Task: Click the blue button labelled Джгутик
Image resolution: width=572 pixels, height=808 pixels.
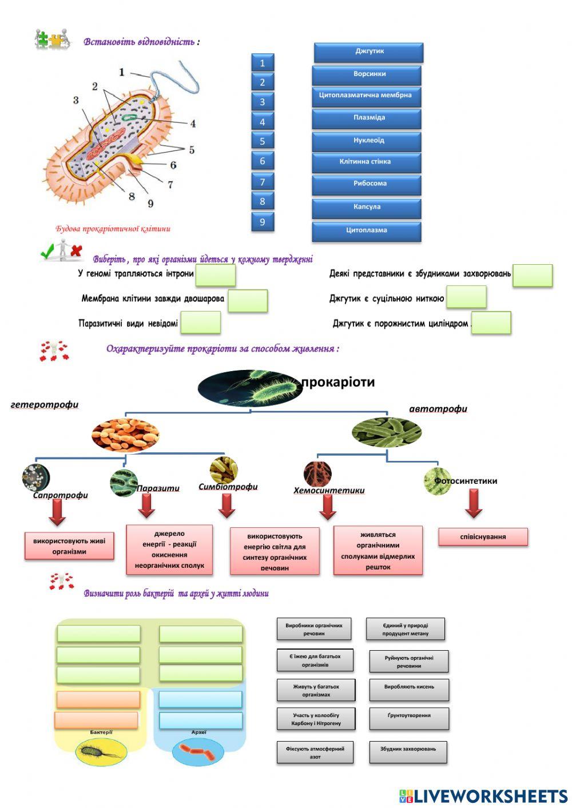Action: pyautogui.click(x=369, y=52)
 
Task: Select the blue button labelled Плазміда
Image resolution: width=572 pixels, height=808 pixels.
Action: pyautogui.click(x=367, y=118)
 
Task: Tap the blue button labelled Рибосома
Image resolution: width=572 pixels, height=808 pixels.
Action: pyautogui.click(x=367, y=184)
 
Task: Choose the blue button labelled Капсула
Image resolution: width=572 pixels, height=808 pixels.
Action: pyautogui.click(x=367, y=208)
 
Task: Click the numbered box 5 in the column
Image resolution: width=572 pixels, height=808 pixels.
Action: pyautogui.click(x=263, y=141)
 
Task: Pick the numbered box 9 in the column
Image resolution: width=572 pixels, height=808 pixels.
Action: pyautogui.click(x=263, y=222)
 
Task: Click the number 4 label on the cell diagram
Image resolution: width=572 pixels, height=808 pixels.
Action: pyautogui.click(x=193, y=124)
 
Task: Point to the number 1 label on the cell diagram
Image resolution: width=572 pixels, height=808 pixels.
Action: pyautogui.click(x=121, y=72)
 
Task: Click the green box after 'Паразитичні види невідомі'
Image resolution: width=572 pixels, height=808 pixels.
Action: pyautogui.click(x=201, y=323)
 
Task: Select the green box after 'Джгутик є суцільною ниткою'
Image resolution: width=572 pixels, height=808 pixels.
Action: pyautogui.click(x=466, y=297)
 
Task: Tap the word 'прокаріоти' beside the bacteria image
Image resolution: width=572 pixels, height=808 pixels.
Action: pyautogui.click(x=338, y=382)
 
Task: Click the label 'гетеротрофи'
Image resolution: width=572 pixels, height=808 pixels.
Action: pyautogui.click(x=45, y=405)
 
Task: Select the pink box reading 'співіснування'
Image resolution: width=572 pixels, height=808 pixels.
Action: pyautogui.click(x=483, y=537)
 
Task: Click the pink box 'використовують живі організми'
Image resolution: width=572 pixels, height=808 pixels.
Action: pyautogui.click(x=69, y=546)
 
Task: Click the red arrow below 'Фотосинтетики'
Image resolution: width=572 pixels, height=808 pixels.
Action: pyautogui.click(x=474, y=504)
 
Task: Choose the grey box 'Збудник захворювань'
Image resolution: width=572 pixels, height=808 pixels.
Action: pyautogui.click(x=408, y=750)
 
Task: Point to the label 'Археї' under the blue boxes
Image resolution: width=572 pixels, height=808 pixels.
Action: pyautogui.click(x=198, y=733)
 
